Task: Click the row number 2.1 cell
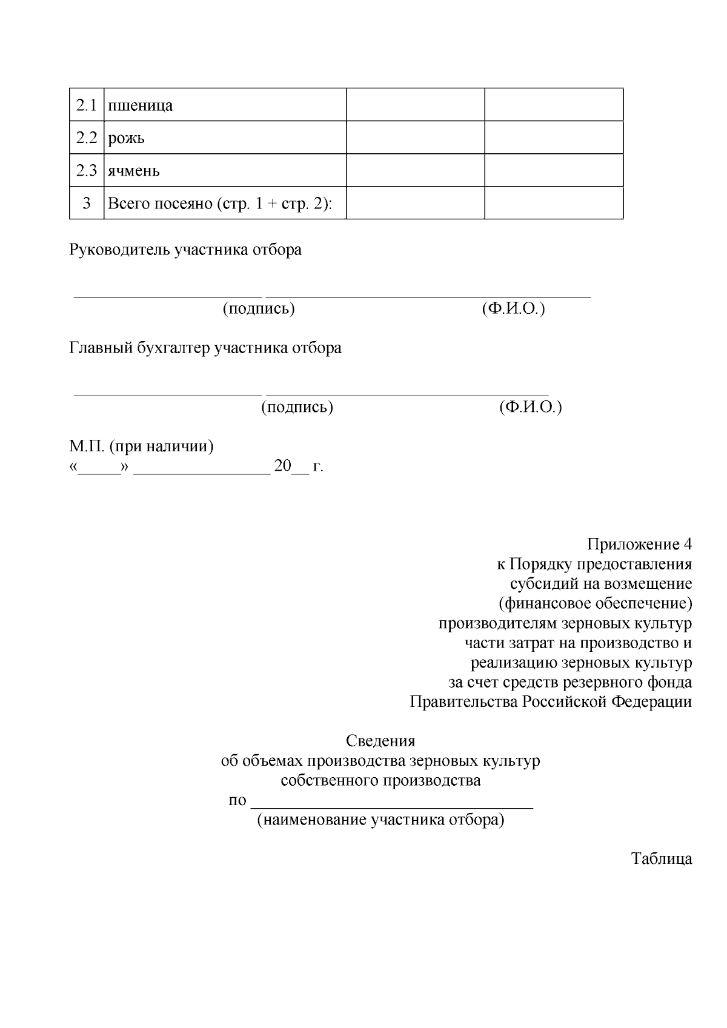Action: point(87,105)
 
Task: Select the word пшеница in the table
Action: point(140,105)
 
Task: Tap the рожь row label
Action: point(126,138)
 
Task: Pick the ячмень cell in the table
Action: point(134,171)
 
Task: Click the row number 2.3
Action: point(87,171)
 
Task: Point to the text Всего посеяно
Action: point(158,204)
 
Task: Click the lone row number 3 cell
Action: point(87,204)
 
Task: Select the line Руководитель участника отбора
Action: point(185,250)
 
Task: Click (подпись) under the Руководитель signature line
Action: point(259,308)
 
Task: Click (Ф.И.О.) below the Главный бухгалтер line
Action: point(531,406)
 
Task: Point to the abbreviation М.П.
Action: point(87,446)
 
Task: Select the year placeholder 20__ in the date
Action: point(291,466)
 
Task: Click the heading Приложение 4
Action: point(639,544)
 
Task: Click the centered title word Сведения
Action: point(380,741)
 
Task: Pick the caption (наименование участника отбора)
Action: point(380,820)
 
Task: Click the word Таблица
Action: point(662,859)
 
